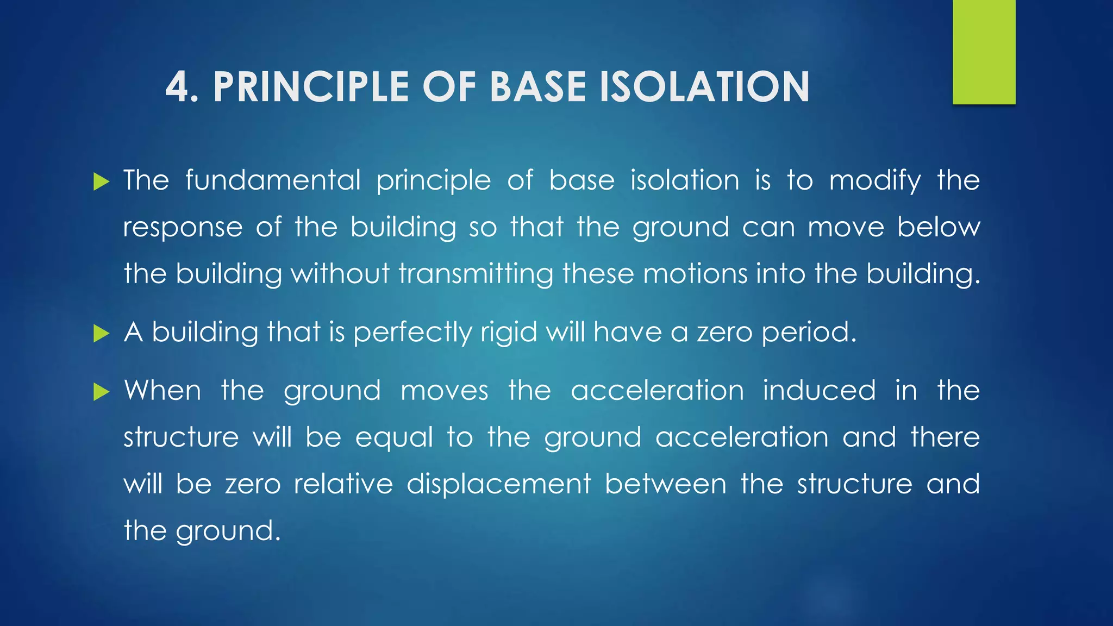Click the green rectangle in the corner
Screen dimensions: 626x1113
point(984,52)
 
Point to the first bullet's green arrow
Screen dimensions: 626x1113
point(101,181)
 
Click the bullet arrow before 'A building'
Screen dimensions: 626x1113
point(101,333)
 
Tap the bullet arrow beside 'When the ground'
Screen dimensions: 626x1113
point(101,391)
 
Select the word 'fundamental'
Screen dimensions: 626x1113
point(273,180)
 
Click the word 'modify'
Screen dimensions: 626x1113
point(875,181)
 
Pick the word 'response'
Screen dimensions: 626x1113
point(183,228)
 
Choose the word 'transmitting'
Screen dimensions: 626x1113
point(476,274)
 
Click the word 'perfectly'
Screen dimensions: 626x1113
point(412,333)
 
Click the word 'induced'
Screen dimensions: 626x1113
point(819,391)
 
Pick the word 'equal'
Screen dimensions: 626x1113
point(394,439)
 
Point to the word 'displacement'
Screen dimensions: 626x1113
point(499,484)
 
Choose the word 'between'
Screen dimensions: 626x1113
point(666,484)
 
